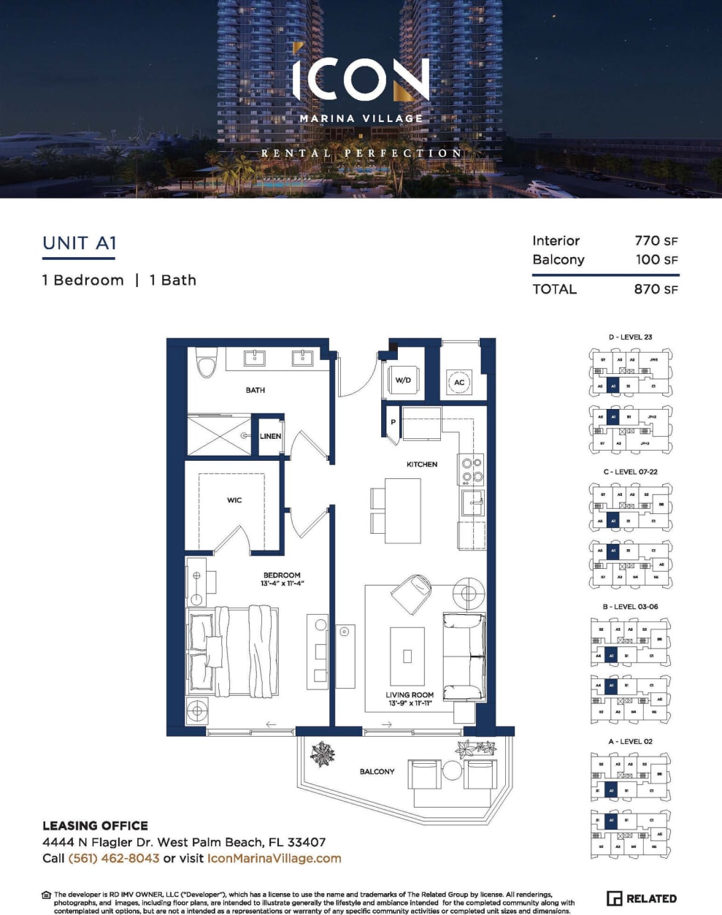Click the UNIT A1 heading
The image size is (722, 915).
click(80, 243)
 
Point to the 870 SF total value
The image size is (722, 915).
click(656, 289)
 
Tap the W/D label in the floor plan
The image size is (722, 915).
click(403, 380)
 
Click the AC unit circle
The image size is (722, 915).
click(459, 382)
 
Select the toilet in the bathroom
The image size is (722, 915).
click(207, 363)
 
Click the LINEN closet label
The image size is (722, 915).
click(270, 436)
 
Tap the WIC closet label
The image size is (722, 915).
click(234, 500)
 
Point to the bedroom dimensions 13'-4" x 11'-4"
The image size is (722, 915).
click(282, 583)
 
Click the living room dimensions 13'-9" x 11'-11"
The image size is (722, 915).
click(410, 703)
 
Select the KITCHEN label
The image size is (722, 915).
click(422, 464)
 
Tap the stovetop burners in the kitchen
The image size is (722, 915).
click(471, 470)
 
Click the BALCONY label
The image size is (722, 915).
click(377, 771)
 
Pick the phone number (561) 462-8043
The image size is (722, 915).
click(114, 859)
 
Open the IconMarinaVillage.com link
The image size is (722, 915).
click(274, 859)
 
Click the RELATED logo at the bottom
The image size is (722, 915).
click(642, 899)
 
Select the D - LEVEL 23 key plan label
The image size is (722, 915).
click(630, 337)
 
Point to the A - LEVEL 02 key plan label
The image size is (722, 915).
click(630, 741)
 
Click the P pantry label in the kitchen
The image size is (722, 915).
click(393, 423)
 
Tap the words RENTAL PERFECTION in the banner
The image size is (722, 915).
click(361, 153)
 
